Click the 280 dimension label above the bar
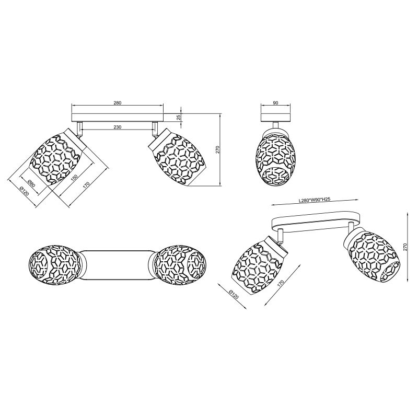(117, 103)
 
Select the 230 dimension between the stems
(117, 127)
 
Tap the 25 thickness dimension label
(179, 117)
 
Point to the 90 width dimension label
(276, 103)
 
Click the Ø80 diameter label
(31, 184)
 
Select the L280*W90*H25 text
(315, 200)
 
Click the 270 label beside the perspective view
(405, 247)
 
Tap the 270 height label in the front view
(217, 150)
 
